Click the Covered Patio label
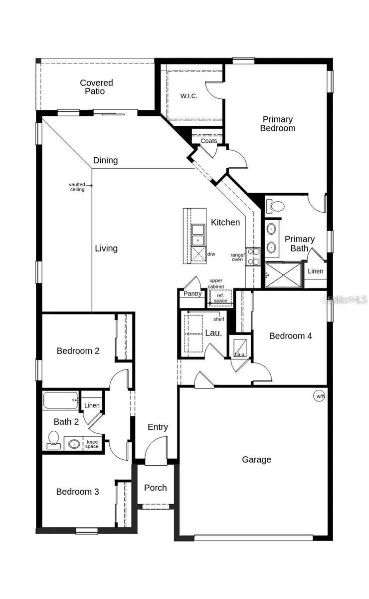point(96,87)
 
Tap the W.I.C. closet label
point(188,96)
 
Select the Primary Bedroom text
point(278,124)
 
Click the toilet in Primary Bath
point(275,206)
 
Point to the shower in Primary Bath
point(283,275)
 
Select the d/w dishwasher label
point(211,255)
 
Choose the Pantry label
point(192,294)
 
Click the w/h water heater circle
point(319,396)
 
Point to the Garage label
point(256,460)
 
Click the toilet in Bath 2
point(53,440)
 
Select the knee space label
point(92,444)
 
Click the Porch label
point(155,488)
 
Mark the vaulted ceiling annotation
point(77,187)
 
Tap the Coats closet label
point(209,141)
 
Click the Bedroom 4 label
point(290,336)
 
